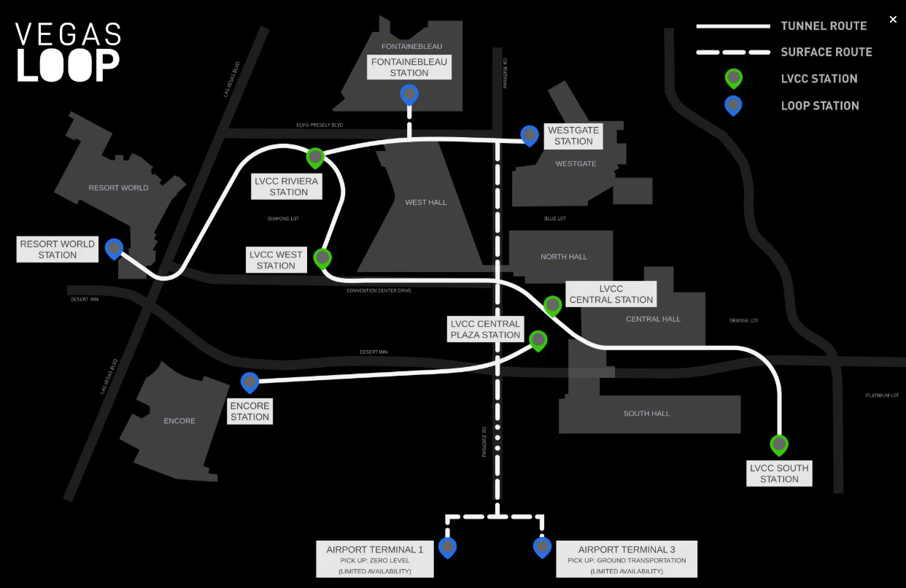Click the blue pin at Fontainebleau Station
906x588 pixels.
[x=409, y=94]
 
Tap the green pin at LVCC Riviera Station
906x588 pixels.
[x=315, y=157]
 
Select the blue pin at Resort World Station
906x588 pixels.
[x=114, y=249]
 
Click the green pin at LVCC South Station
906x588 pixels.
[x=779, y=444]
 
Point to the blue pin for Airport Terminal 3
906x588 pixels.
[x=542, y=546]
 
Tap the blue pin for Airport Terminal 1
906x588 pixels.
[x=448, y=546]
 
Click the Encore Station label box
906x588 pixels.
[x=250, y=411]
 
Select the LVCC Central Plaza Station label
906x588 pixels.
[x=485, y=329]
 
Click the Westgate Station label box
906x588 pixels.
[x=573, y=136]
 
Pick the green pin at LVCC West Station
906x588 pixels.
[x=322, y=258]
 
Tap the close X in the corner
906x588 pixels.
[x=893, y=20]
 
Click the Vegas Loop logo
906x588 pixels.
[x=69, y=52]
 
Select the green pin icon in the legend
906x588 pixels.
[x=733, y=78]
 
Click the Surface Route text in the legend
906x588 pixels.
[x=826, y=52]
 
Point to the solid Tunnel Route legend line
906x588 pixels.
[x=733, y=26]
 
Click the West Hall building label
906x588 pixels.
[x=426, y=202]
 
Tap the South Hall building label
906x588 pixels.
[x=646, y=414]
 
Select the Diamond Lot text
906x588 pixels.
[x=283, y=218]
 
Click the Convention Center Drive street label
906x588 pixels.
[x=379, y=290]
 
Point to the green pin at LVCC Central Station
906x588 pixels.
[x=553, y=305]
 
